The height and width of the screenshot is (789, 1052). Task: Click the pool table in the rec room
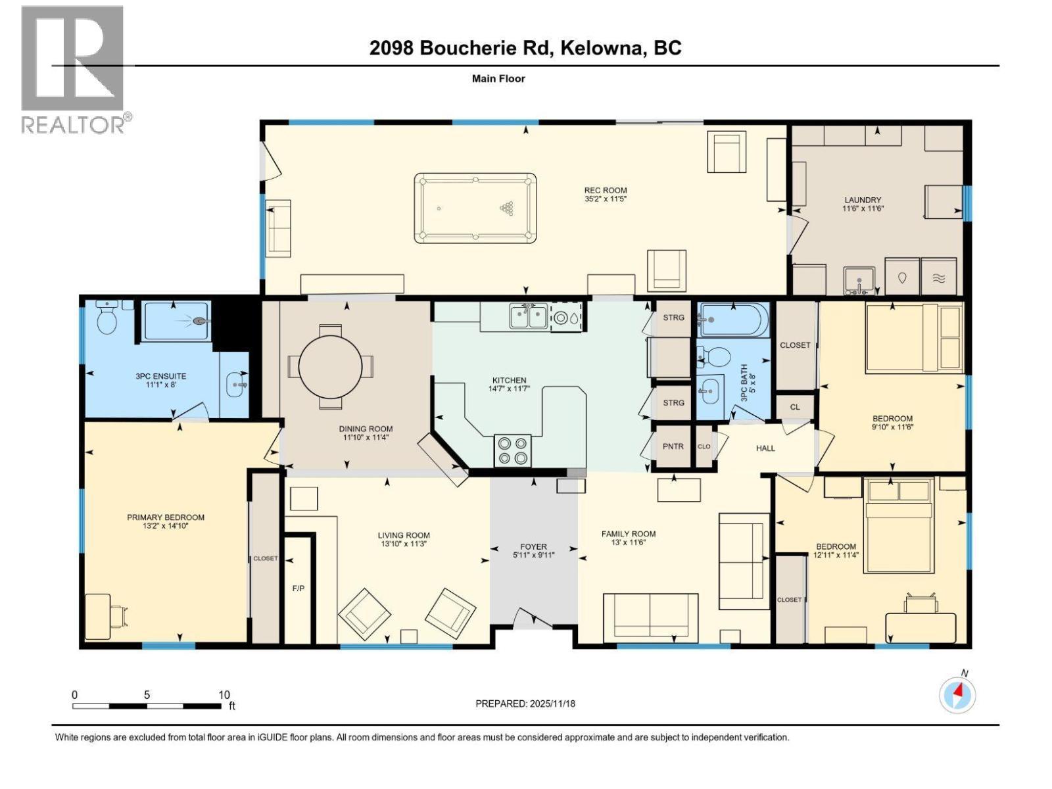pyautogui.click(x=475, y=208)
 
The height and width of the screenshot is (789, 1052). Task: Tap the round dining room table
pyautogui.click(x=330, y=366)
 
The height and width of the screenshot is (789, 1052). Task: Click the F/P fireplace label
pyautogui.click(x=298, y=588)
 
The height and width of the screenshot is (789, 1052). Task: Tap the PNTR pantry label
pyautogui.click(x=673, y=446)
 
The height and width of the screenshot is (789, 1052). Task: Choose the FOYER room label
pyautogui.click(x=533, y=546)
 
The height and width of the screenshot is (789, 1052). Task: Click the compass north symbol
pyautogui.click(x=957, y=694)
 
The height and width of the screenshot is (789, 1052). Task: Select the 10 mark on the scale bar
pyautogui.click(x=224, y=695)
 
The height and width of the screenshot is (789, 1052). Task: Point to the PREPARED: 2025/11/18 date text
pyautogui.click(x=525, y=704)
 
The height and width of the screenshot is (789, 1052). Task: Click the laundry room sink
pyautogui.click(x=859, y=279)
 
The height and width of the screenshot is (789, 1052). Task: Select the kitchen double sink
pyautogui.click(x=528, y=318)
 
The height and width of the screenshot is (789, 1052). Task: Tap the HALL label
pyautogui.click(x=765, y=448)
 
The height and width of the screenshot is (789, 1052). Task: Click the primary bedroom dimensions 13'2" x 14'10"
pyautogui.click(x=166, y=526)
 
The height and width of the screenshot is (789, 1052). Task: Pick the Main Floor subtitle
pyautogui.click(x=498, y=78)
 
